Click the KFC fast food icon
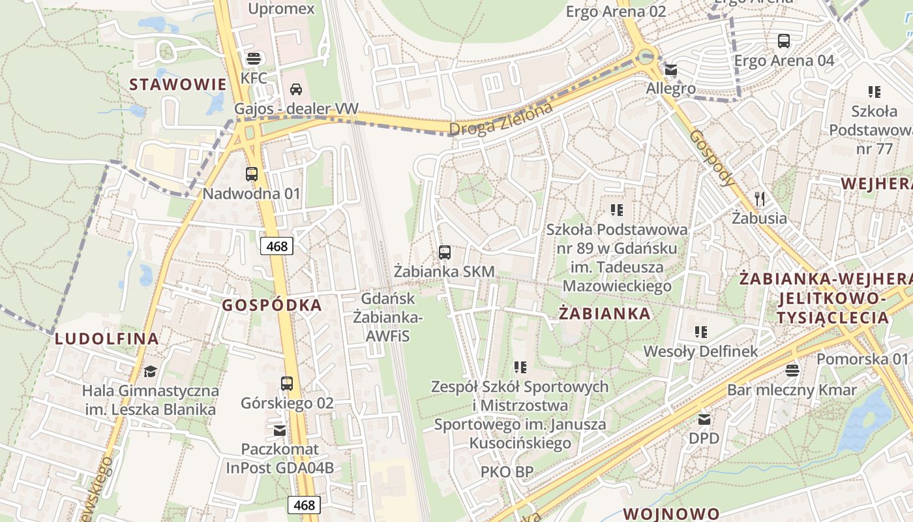(x=253, y=57)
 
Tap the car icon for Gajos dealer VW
(x=295, y=89)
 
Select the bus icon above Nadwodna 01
(x=252, y=174)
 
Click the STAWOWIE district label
(x=177, y=84)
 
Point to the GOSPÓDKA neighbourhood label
(x=272, y=305)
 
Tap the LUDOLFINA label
(x=107, y=339)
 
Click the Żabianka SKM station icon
(x=445, y=252)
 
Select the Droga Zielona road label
(x=501, y=119)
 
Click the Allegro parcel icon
(x=670, y=70)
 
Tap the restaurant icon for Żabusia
(x=759, y=198)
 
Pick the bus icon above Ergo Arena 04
(x=784, y=41)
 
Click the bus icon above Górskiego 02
(x=287, y=384)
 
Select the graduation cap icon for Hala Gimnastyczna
(x=151, y=371)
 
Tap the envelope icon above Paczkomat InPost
(x=280, y=430)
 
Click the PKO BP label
(x=507, y=471)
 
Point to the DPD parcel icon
(x=704, y=419)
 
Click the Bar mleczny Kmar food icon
(x=792, y=371)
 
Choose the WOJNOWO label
(x=672, y=514)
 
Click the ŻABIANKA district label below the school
(x=605, y=314)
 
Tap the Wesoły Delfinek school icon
(x=701, y=332)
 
